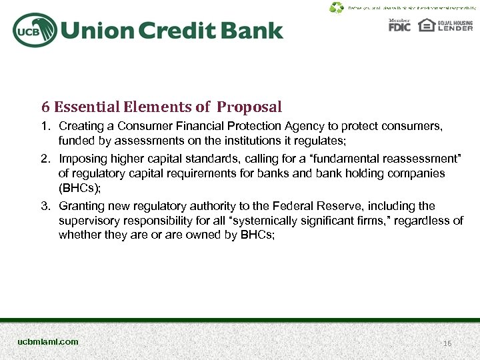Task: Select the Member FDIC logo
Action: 400,25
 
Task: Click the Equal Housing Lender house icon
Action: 426,25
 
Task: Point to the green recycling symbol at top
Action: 337,8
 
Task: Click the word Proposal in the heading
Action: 249,107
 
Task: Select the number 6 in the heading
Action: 45,107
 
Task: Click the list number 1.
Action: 45,126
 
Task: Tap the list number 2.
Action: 45,159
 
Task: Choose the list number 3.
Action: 45,206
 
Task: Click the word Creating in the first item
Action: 79,126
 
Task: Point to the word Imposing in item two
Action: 81,159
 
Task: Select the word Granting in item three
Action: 80,206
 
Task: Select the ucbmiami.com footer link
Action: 48,341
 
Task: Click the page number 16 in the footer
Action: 447,343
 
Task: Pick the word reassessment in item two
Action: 423,159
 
